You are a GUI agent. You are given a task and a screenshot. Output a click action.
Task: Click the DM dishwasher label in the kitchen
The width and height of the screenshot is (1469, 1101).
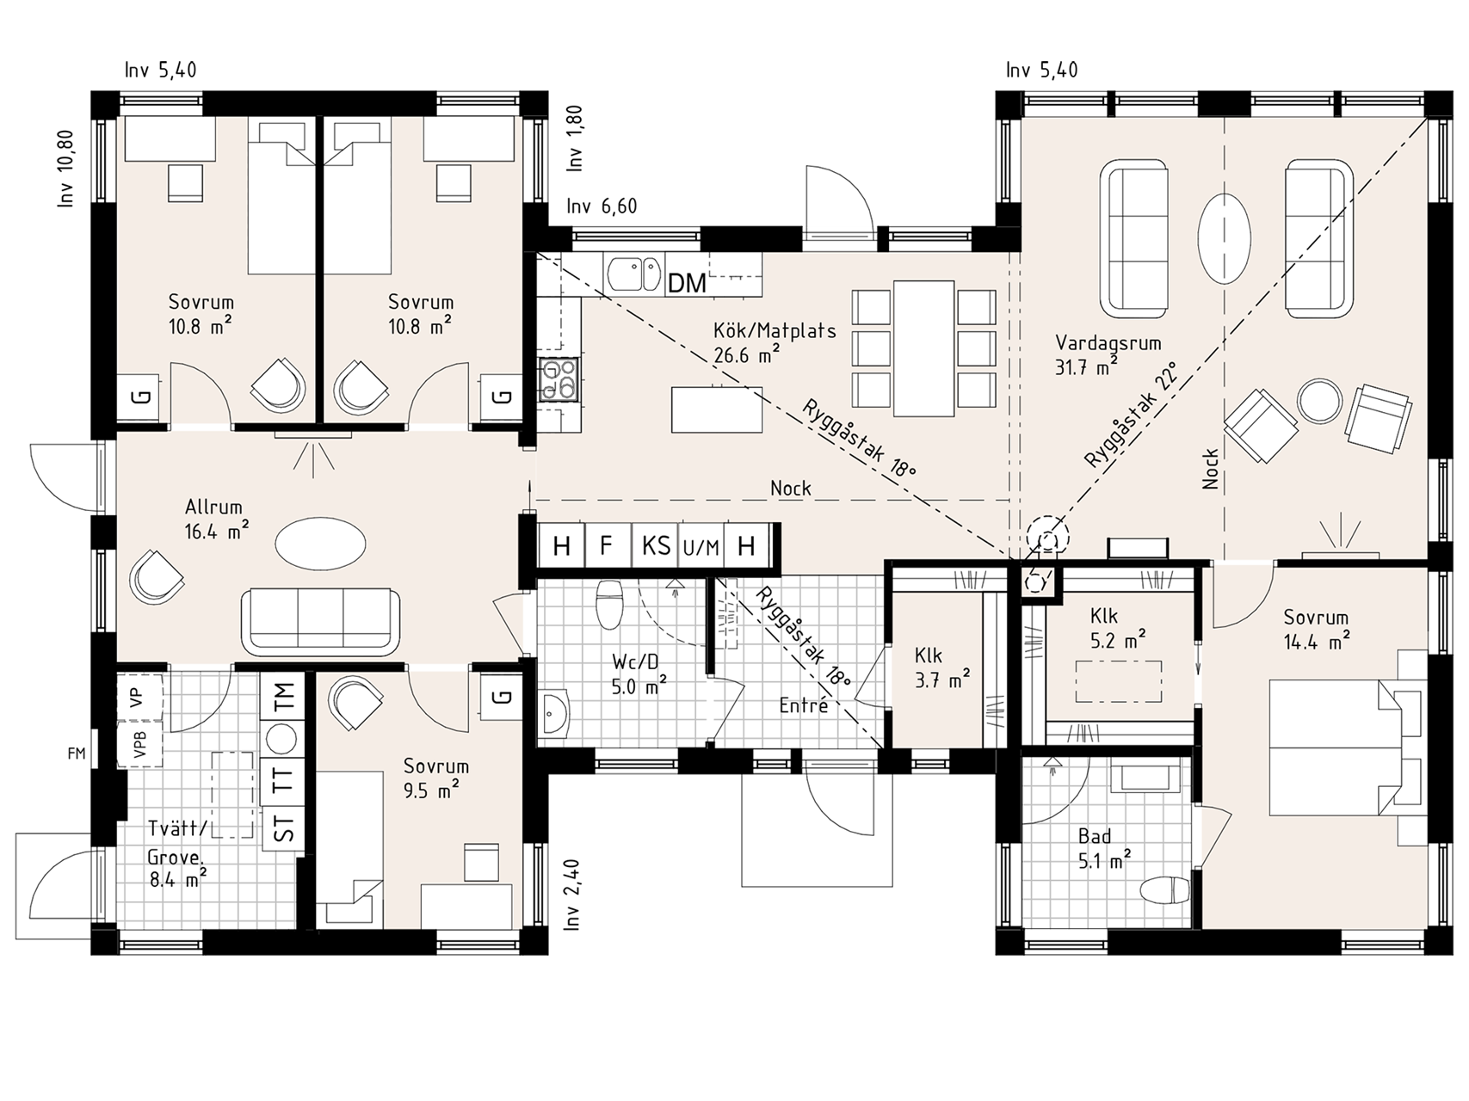(x=687, y=282)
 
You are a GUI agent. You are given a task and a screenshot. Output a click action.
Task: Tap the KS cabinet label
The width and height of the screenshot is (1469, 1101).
(x=656, y=545)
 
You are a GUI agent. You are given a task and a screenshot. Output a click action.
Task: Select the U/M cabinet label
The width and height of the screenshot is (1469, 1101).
(x=701, y=547)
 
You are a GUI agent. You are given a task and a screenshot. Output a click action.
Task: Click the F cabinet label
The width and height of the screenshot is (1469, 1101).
(x=607, y=545)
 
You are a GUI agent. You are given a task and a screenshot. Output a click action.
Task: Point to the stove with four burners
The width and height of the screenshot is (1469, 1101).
(x=558, y=379)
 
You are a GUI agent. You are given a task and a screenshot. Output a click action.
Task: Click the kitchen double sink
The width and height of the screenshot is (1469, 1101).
(x=635, y=274)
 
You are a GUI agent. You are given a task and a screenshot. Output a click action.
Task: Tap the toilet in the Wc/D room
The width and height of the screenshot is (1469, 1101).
(x=609, y=604)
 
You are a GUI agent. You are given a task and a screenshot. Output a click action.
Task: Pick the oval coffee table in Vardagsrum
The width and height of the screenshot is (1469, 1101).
(x=1225, y=239)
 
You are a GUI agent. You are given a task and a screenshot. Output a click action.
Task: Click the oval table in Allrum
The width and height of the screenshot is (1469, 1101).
(x=320, y=543)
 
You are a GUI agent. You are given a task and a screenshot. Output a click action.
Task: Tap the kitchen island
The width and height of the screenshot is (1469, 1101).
(x=717, y=410)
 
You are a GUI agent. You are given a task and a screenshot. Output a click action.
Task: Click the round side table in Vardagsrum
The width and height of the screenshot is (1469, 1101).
(x=1319, y=402)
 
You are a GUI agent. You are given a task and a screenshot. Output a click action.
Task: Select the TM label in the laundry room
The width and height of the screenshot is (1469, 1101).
(x=284, y=696)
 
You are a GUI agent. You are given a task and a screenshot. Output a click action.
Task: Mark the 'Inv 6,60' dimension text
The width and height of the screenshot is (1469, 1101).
(x=602, y=206)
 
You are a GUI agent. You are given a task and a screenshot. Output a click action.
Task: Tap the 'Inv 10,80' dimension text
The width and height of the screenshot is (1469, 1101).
(x=66, y=169)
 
